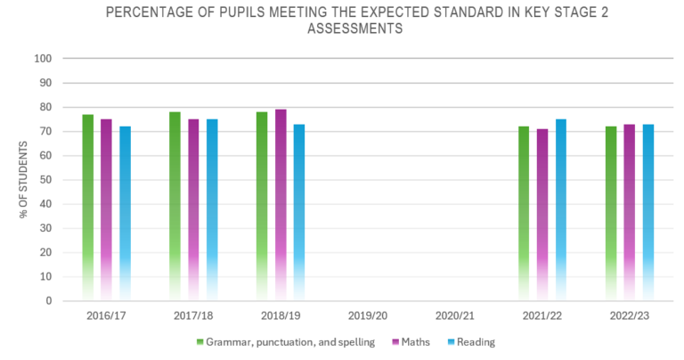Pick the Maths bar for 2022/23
pyautogui.click(x=630, y=213)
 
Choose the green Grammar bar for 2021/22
pyautogui.click(x=524, y=214)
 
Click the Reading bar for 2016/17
pyautogui.click(x=126, y=214)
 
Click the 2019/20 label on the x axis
pyautogui.click(x=368, y=316)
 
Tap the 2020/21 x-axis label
pyautogui.click(x=455, y=316)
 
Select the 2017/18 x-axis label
pyautogui.click(x=193, y=316)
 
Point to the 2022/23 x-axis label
pyautogui.click(x=630, y=316)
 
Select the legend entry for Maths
pyautogui.click(x=412, y=341)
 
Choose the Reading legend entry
pyautogui.click(x=471, y=341)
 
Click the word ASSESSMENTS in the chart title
pyautogui.click(x=354, y=29)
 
